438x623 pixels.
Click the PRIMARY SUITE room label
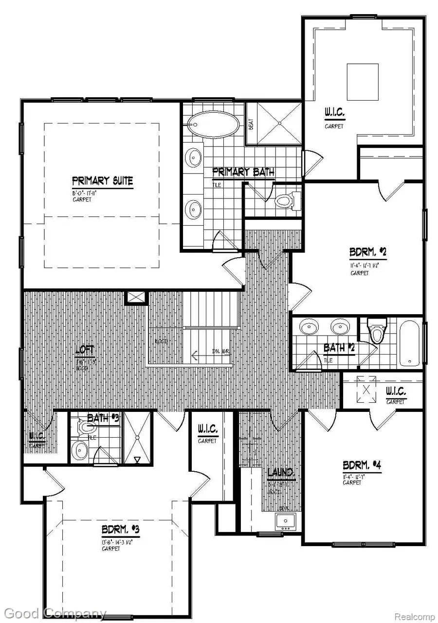tap(102, 181)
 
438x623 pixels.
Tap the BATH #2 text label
tap(339, 348)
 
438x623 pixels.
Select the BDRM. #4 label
tap(362, 465)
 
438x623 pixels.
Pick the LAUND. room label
tap(281, 473)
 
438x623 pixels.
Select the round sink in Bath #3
tap(79, 450)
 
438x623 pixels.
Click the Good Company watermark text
tap(54, 613)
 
